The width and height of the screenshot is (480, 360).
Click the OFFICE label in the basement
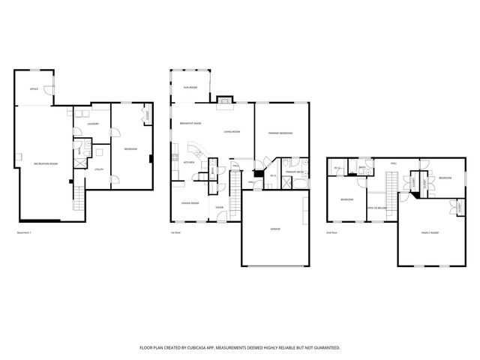(x=34, y=89)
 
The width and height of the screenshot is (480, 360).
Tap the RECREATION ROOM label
(x=46, y=163)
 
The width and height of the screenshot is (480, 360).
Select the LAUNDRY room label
(x=94, y=124)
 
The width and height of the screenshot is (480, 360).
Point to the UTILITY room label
(x=98, y=170)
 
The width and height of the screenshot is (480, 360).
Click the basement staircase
(x=77, y=199)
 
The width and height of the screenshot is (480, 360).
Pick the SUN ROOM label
(x=190, y=88)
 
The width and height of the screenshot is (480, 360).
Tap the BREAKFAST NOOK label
(x=191, y=124)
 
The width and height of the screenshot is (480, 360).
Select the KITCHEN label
(x=190, y=162)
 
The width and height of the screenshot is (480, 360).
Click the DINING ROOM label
(x=190, y=203)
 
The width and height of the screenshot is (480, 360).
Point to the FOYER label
(x=220, y=207)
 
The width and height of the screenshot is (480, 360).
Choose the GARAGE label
(x=275, y=229)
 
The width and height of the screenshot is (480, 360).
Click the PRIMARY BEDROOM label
(x=280, y=133)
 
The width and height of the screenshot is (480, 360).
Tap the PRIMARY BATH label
(x=293, y=172)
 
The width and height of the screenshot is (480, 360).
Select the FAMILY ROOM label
(x=430, y=233)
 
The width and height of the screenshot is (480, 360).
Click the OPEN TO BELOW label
(x=377, y=208)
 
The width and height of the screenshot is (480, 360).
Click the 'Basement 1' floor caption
(x=25, y=233)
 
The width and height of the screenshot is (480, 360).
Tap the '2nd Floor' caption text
(x=331, y=233)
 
